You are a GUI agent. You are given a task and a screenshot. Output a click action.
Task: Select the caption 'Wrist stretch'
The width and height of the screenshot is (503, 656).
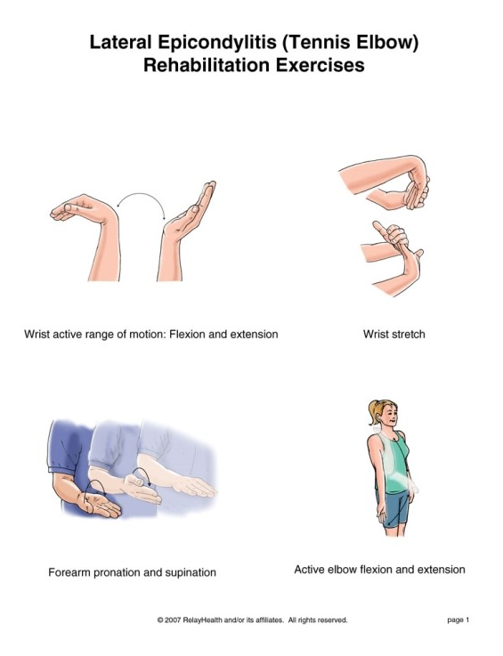point(393,335)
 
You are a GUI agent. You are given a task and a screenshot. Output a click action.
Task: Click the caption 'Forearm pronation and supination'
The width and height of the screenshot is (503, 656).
point(132,572)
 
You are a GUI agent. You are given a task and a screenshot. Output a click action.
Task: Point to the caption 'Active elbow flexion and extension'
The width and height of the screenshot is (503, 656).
point(379,570)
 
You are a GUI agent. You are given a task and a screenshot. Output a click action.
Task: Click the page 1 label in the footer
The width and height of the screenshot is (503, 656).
point(458,620)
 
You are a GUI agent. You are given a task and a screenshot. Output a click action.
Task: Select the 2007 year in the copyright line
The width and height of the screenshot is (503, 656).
point(174,620)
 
